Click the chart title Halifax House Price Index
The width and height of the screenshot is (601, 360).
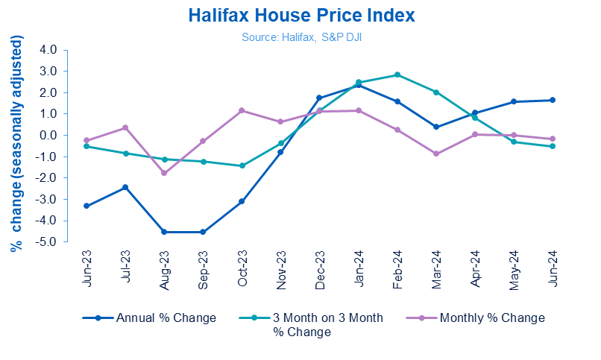pyautogui.click(x=300, y=16)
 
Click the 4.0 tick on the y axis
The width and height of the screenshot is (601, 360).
pyautogui.click(x=48, y=50)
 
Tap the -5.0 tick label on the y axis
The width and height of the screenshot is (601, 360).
pyautogui.click(x=47, y=241)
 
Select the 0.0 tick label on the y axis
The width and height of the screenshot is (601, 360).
pyautogui.click(x=48, y=135)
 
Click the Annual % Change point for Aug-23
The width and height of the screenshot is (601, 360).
pyautogui.click(x=165, y=232)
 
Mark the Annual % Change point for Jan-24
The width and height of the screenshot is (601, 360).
pyautogui.click(x=359, y=85)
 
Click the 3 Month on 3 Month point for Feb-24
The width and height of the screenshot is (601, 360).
pyautogui.click(x=397, y=75)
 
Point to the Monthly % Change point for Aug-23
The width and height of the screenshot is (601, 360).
pyautogui.click(x=165, y=173)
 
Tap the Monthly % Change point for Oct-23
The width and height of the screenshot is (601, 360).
pyautogui.click(x=242, y=110)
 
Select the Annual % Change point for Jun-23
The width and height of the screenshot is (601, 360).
pyautogui.click(x=87, y=206)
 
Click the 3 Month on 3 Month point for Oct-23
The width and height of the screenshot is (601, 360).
pyautogui.click(x=242, y=165)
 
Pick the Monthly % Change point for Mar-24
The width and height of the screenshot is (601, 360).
pyautogui.click(x=436, y=154)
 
